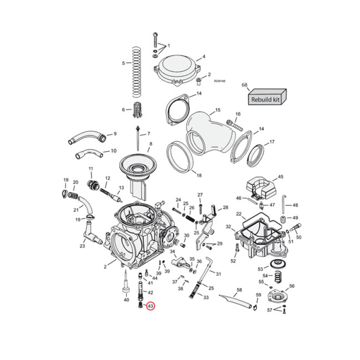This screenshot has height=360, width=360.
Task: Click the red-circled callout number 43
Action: click(150, 306)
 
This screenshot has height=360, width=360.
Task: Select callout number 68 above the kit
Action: click(245, 85)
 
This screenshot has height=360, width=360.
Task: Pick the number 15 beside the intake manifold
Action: click(217, 110)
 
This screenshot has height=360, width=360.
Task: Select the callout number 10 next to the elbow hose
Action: click(113, 151)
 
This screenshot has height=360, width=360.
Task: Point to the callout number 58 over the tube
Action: click(239, 290)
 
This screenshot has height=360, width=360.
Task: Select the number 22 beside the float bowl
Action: click(239, 214)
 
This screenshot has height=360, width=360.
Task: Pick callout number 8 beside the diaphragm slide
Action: click(151, 144)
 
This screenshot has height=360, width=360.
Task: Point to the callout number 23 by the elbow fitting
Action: click(82, 246)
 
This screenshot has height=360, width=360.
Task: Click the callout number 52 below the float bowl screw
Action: click(233, 261)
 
